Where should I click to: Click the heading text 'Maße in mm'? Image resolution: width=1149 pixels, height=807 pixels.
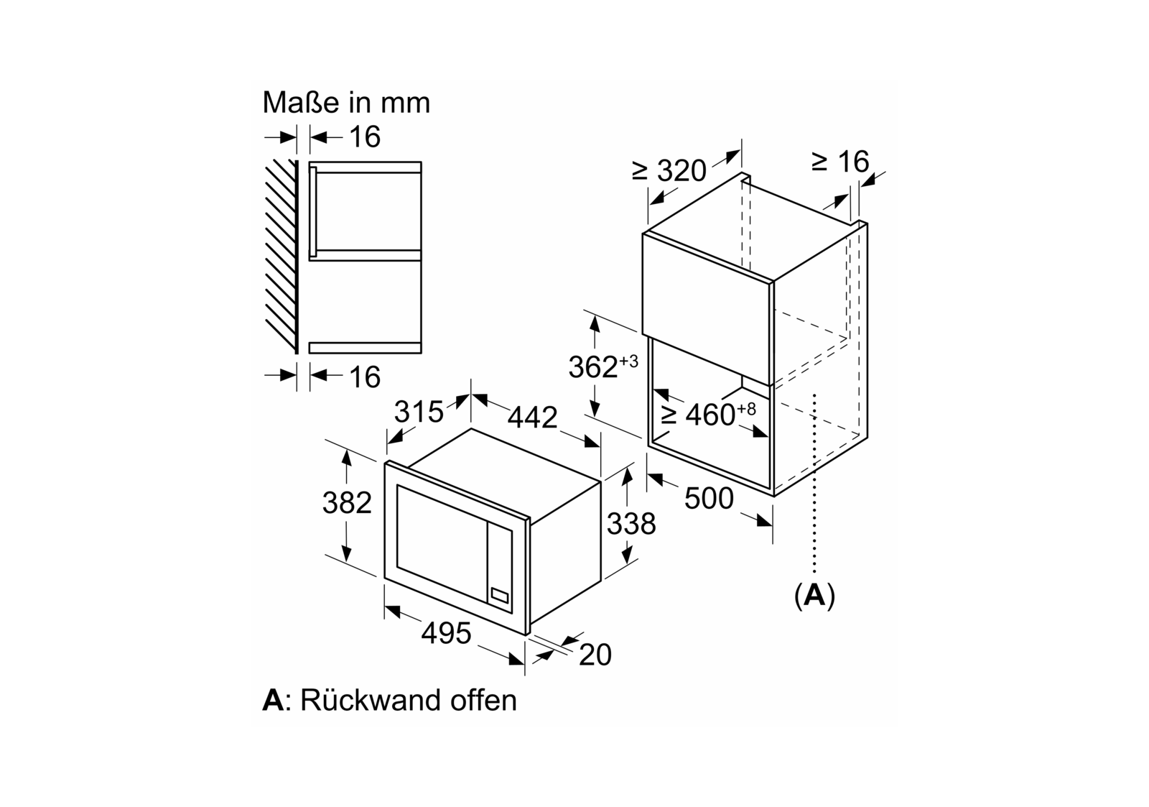click(x=346, y=103)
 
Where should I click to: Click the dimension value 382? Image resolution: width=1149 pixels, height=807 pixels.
click(x=347, y=503)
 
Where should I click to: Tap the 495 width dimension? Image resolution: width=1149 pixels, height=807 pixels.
click(x=446, y=633)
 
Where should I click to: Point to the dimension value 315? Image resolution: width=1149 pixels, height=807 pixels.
click(x=419, y=412)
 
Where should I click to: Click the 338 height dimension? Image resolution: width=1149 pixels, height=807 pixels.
click(x=631, y=524)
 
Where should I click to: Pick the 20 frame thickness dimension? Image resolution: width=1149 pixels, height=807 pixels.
click(x=595, y=655)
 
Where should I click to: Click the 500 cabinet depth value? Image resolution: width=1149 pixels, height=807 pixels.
click(x=709, y=498)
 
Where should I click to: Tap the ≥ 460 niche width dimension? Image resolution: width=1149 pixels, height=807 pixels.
click(x=709, y=414)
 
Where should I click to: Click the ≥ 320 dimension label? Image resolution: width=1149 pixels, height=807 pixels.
click(x=669, y=171)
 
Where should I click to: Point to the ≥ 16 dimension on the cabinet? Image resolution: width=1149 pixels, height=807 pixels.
click(x=840, y=162)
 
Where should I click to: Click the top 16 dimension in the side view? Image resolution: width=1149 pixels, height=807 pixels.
click(x=365, y=137)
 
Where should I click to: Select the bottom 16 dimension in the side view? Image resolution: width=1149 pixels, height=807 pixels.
click(x=365, y=377)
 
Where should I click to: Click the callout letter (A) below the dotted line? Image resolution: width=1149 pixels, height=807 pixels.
click(x=815, y=596)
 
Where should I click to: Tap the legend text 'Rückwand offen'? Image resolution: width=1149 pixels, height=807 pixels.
click(x=408, y=700)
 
